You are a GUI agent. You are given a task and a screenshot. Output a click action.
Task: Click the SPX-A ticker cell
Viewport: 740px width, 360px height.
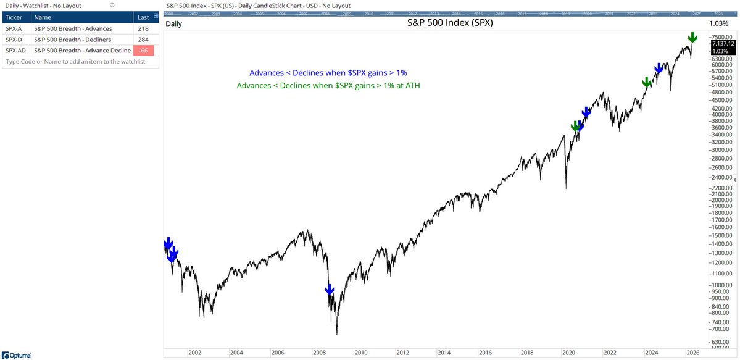click(15, 28)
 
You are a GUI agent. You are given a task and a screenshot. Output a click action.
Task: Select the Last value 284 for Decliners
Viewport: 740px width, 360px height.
click(144, 40)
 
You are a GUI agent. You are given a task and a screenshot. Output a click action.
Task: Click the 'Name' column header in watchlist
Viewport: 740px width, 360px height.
click(43, 17)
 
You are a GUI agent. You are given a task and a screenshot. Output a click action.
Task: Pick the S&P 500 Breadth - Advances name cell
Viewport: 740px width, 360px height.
click(73, 28)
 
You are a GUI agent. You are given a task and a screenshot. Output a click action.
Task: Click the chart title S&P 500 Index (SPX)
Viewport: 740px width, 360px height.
click(450, 23)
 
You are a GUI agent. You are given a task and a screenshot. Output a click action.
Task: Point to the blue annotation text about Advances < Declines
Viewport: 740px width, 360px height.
click(328, 73)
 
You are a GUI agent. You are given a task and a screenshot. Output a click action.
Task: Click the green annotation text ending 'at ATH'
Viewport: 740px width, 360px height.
click(328, 85)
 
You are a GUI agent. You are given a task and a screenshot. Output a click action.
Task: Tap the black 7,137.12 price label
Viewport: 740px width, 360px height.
click(722, 44)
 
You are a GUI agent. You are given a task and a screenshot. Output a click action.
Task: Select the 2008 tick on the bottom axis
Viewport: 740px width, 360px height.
click(319, 353)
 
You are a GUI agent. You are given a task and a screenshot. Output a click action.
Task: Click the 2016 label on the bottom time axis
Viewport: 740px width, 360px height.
click(485, 353)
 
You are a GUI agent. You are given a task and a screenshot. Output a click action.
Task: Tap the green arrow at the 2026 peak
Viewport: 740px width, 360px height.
click(693, 38)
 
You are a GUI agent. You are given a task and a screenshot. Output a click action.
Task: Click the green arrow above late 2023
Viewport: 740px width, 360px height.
click(646, 82)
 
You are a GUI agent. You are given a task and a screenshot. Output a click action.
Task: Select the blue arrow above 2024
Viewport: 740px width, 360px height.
click(659, 68)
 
